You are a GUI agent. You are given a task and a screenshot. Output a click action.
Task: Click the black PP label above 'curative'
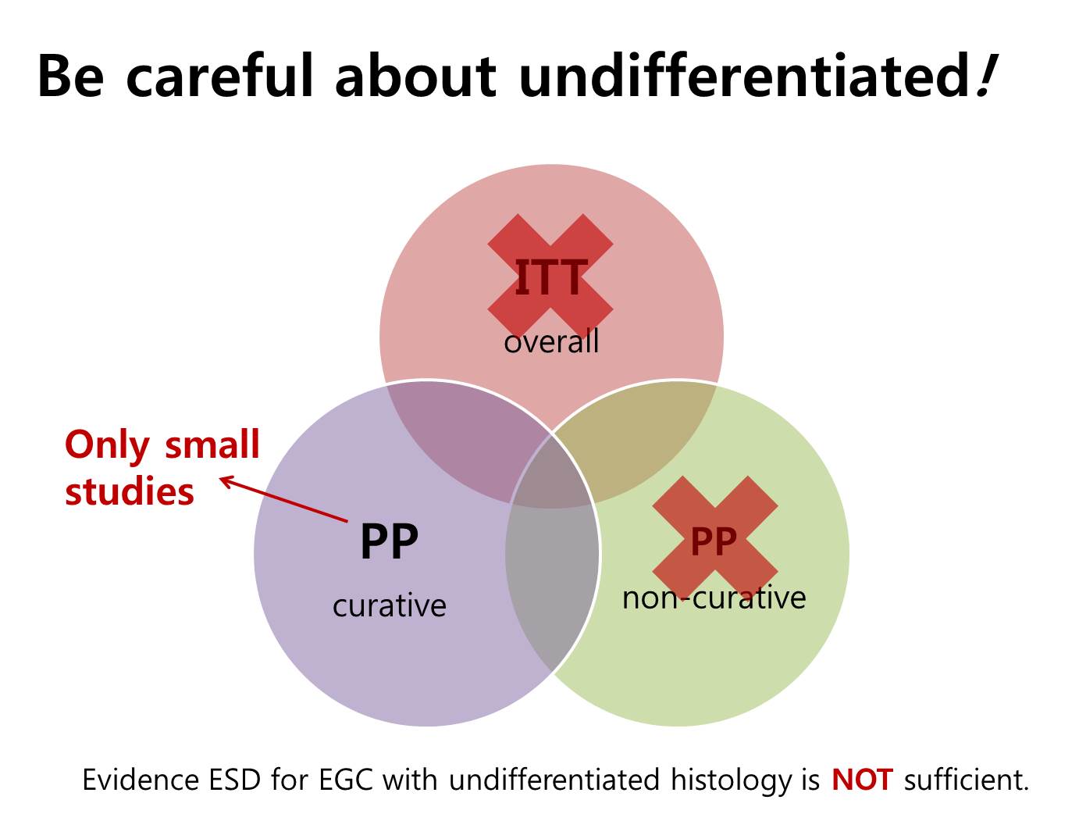coord(389,541)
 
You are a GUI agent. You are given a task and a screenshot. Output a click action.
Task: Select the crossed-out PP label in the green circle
coord(714,541)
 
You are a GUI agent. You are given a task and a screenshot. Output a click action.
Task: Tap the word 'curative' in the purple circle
coord(390,605)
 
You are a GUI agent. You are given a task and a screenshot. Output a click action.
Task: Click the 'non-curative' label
coord(714,598)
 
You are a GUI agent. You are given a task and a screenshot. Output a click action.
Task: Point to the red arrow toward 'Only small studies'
coord(283,498)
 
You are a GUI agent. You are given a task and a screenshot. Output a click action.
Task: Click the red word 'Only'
coord(107,445)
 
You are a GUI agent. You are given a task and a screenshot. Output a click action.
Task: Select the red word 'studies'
coord(130,491)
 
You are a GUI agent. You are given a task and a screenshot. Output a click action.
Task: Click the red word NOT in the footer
coord(862,780)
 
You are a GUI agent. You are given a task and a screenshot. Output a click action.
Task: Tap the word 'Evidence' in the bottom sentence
coord(140,780)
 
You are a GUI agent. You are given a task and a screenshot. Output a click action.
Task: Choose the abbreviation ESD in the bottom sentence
coord(234,780)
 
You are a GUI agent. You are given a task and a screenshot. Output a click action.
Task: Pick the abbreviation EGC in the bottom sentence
coord(346,780)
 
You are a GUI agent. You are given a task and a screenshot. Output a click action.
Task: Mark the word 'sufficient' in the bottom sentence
coord(966,780)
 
